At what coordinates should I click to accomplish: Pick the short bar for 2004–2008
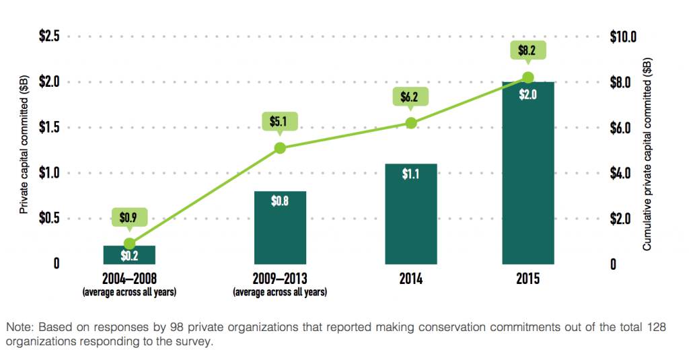(x=129, y=255)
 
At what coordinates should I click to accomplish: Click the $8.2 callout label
(x=528, y=49)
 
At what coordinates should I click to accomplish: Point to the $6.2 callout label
(x=409, y=97)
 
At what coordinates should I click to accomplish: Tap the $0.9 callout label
(x=129, y=217)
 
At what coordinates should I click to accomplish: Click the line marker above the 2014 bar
(x=411, y=123)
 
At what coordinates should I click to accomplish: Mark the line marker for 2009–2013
(x=280, y=148)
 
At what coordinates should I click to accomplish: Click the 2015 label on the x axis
(x=528, y=279)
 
